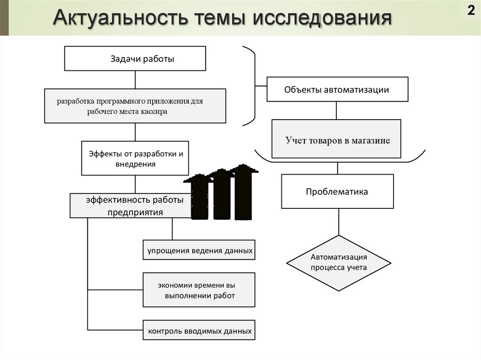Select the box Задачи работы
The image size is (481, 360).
pos(135,58)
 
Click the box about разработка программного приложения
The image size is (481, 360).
pos(135,106)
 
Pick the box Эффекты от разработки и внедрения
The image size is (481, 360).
pos(135,158)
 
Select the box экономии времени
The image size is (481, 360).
pos(199,290)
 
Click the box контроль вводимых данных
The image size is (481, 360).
pos(199,331)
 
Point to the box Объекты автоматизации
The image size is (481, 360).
pos(337,89)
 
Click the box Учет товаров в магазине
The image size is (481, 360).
pos(337,139)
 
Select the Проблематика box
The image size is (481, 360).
pos(337,191)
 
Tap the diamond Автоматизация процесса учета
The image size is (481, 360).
pos(338,263)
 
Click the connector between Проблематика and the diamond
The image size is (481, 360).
pos(338,222)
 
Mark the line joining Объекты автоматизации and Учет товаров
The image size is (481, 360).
pos(336,111)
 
